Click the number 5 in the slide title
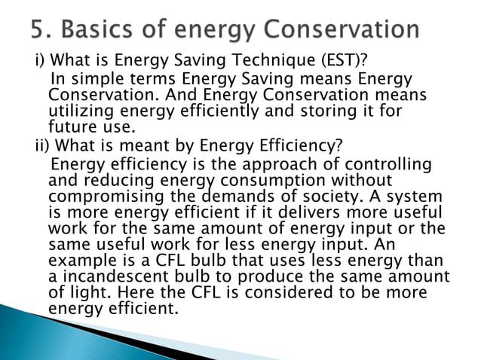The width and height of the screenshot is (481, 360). coord(38,30)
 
